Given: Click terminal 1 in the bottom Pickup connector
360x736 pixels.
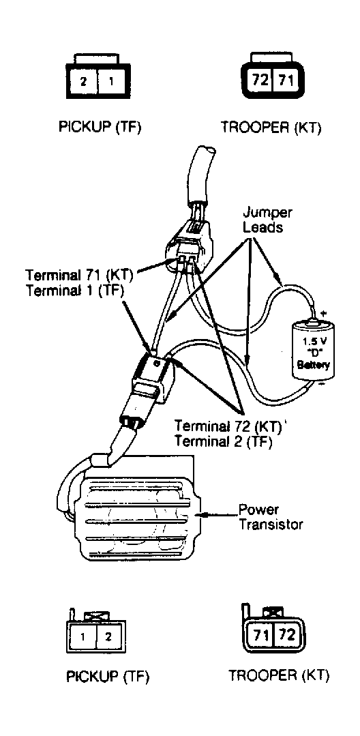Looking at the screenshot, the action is (x=82, y=637).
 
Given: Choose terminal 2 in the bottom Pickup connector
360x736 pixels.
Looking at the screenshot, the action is (x=109, y=637).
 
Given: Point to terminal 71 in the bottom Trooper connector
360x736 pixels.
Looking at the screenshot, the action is (x=260, y=636).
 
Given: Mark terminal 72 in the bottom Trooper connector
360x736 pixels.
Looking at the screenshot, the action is (x=286, y=636).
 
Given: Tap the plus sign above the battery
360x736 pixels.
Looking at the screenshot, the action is (x=322, y=312).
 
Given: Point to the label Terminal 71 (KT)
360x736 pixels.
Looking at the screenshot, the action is (x=79, y=274).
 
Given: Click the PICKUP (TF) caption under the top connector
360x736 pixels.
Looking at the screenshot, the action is (x=100, y=127).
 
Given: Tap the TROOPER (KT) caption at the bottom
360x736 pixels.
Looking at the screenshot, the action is (x=279, y=676).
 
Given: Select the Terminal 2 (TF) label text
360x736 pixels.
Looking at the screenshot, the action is (x=224, y=442).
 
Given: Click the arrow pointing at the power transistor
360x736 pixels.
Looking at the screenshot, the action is (x=218, y=515).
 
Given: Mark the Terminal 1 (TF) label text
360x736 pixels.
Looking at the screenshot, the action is (x=74, y=290).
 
